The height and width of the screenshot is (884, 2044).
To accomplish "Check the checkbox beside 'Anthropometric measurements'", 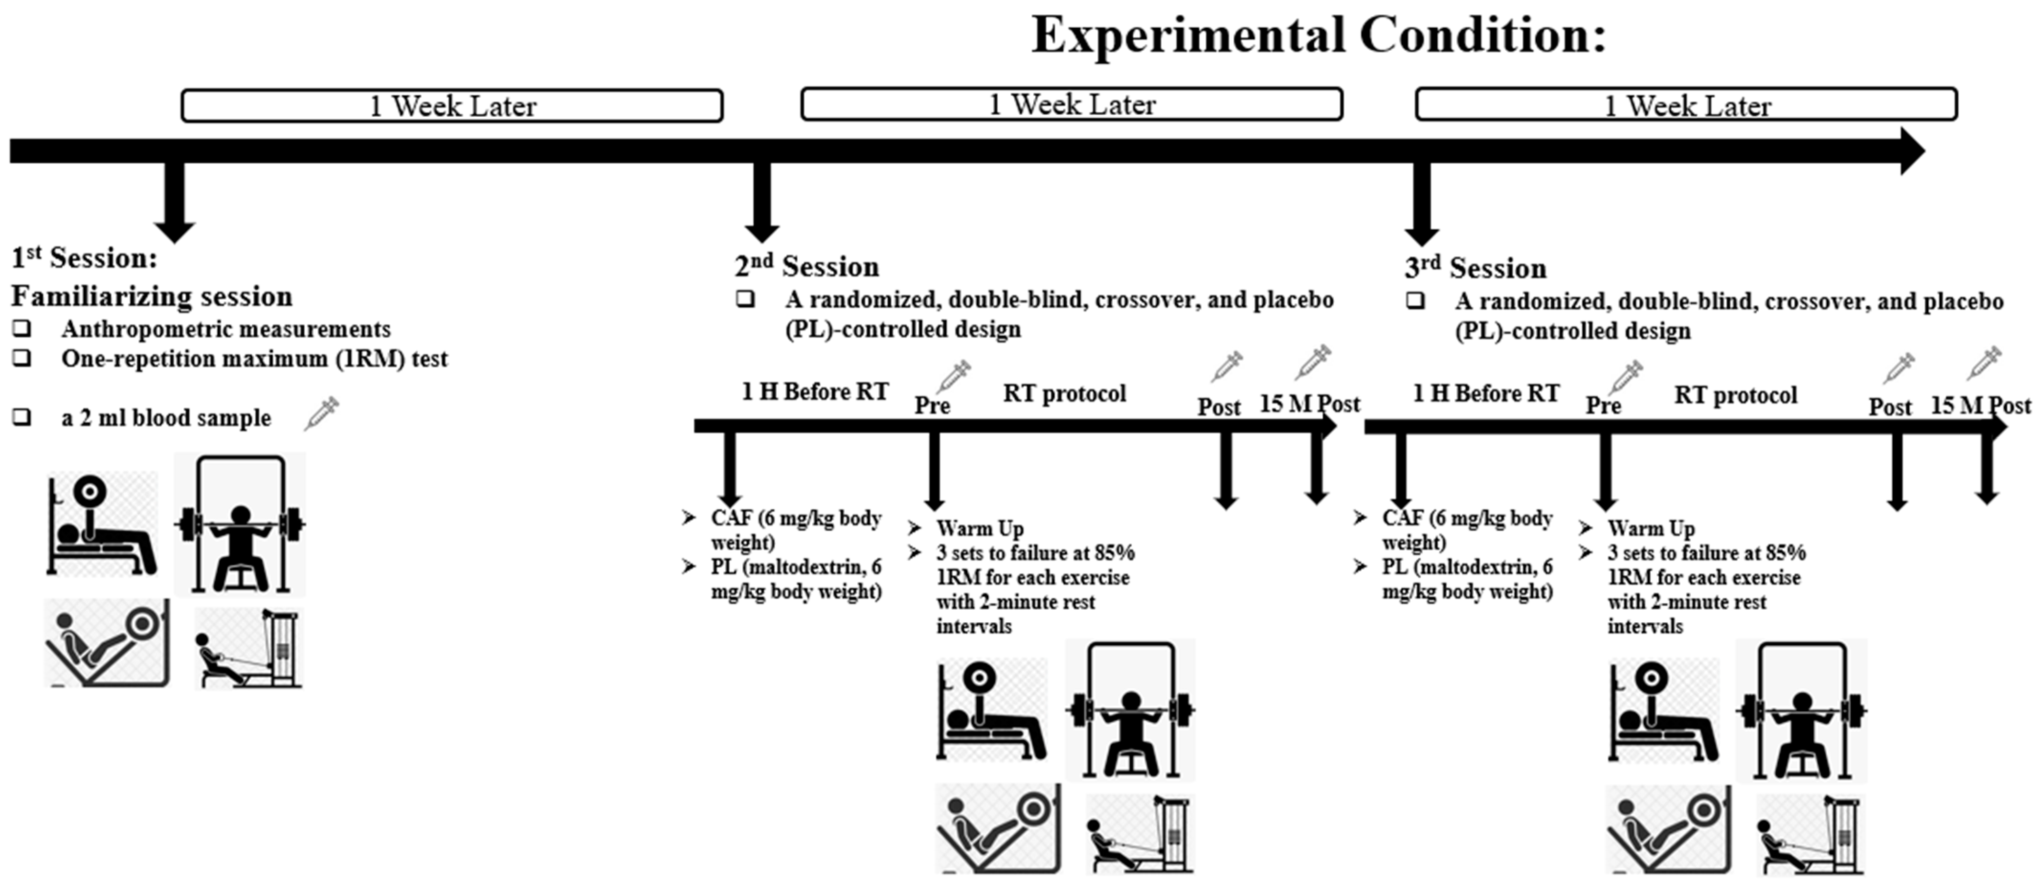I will click(22, 328).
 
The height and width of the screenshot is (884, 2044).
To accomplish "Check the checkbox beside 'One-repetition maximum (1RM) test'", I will click(22, 358).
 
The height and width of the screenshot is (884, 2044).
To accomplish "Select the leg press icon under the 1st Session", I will click(106, 643).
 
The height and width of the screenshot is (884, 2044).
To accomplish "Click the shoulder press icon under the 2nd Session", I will click(1130, 710).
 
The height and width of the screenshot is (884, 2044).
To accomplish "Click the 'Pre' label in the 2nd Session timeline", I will click(932, 405).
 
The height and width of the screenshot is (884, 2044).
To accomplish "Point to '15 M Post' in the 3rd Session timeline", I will click(1980, 405).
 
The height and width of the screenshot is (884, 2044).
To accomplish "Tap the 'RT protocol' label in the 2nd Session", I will click(1064, 393).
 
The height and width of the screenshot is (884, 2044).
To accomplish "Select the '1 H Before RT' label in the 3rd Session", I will click(1486, 393).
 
